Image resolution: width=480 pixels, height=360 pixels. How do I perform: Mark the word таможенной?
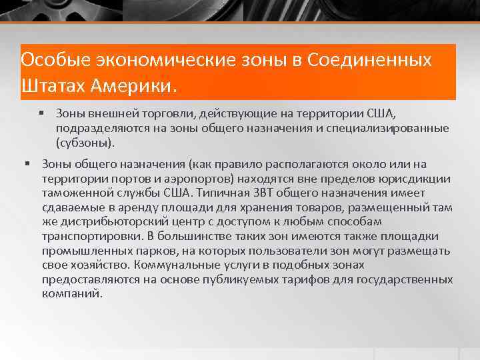(x=76, y=193)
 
